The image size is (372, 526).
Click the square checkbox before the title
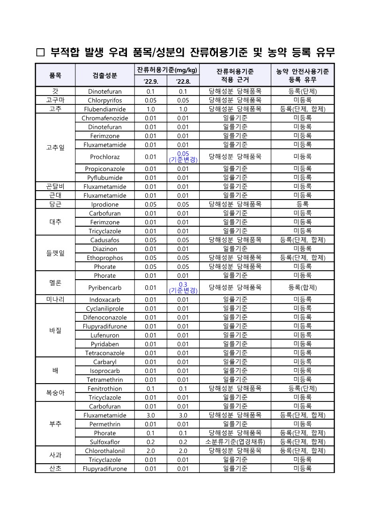[x=40, y=52]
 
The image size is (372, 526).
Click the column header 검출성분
[x=104, y=75]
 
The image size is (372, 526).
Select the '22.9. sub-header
[x=150, y=82]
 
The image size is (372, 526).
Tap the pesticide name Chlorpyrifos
[x=104, y=100]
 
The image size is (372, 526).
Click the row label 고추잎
[x=55, y=147]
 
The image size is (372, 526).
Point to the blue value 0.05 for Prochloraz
[x=183, y=154]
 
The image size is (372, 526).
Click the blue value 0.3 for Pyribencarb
[x=183, y=284]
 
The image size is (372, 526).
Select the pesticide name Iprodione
[x=104, y=204]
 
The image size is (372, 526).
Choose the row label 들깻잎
[x=55, y=253]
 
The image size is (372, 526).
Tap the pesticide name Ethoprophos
[x=104, y=258]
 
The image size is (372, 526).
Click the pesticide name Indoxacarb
[x=104, y=299]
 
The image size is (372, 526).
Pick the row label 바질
[x=55, y=330]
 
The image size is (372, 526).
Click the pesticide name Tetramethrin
[x=104, y=379]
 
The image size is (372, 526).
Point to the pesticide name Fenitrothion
[x=104, y=388]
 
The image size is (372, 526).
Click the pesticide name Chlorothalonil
[x=104, y=451]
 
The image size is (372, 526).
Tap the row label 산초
[x=55, y=468]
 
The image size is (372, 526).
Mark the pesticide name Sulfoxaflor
[x=104, y=442]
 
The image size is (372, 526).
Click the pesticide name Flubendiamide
[x=104, y=109]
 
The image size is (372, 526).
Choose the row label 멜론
[x=55, y=283]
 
